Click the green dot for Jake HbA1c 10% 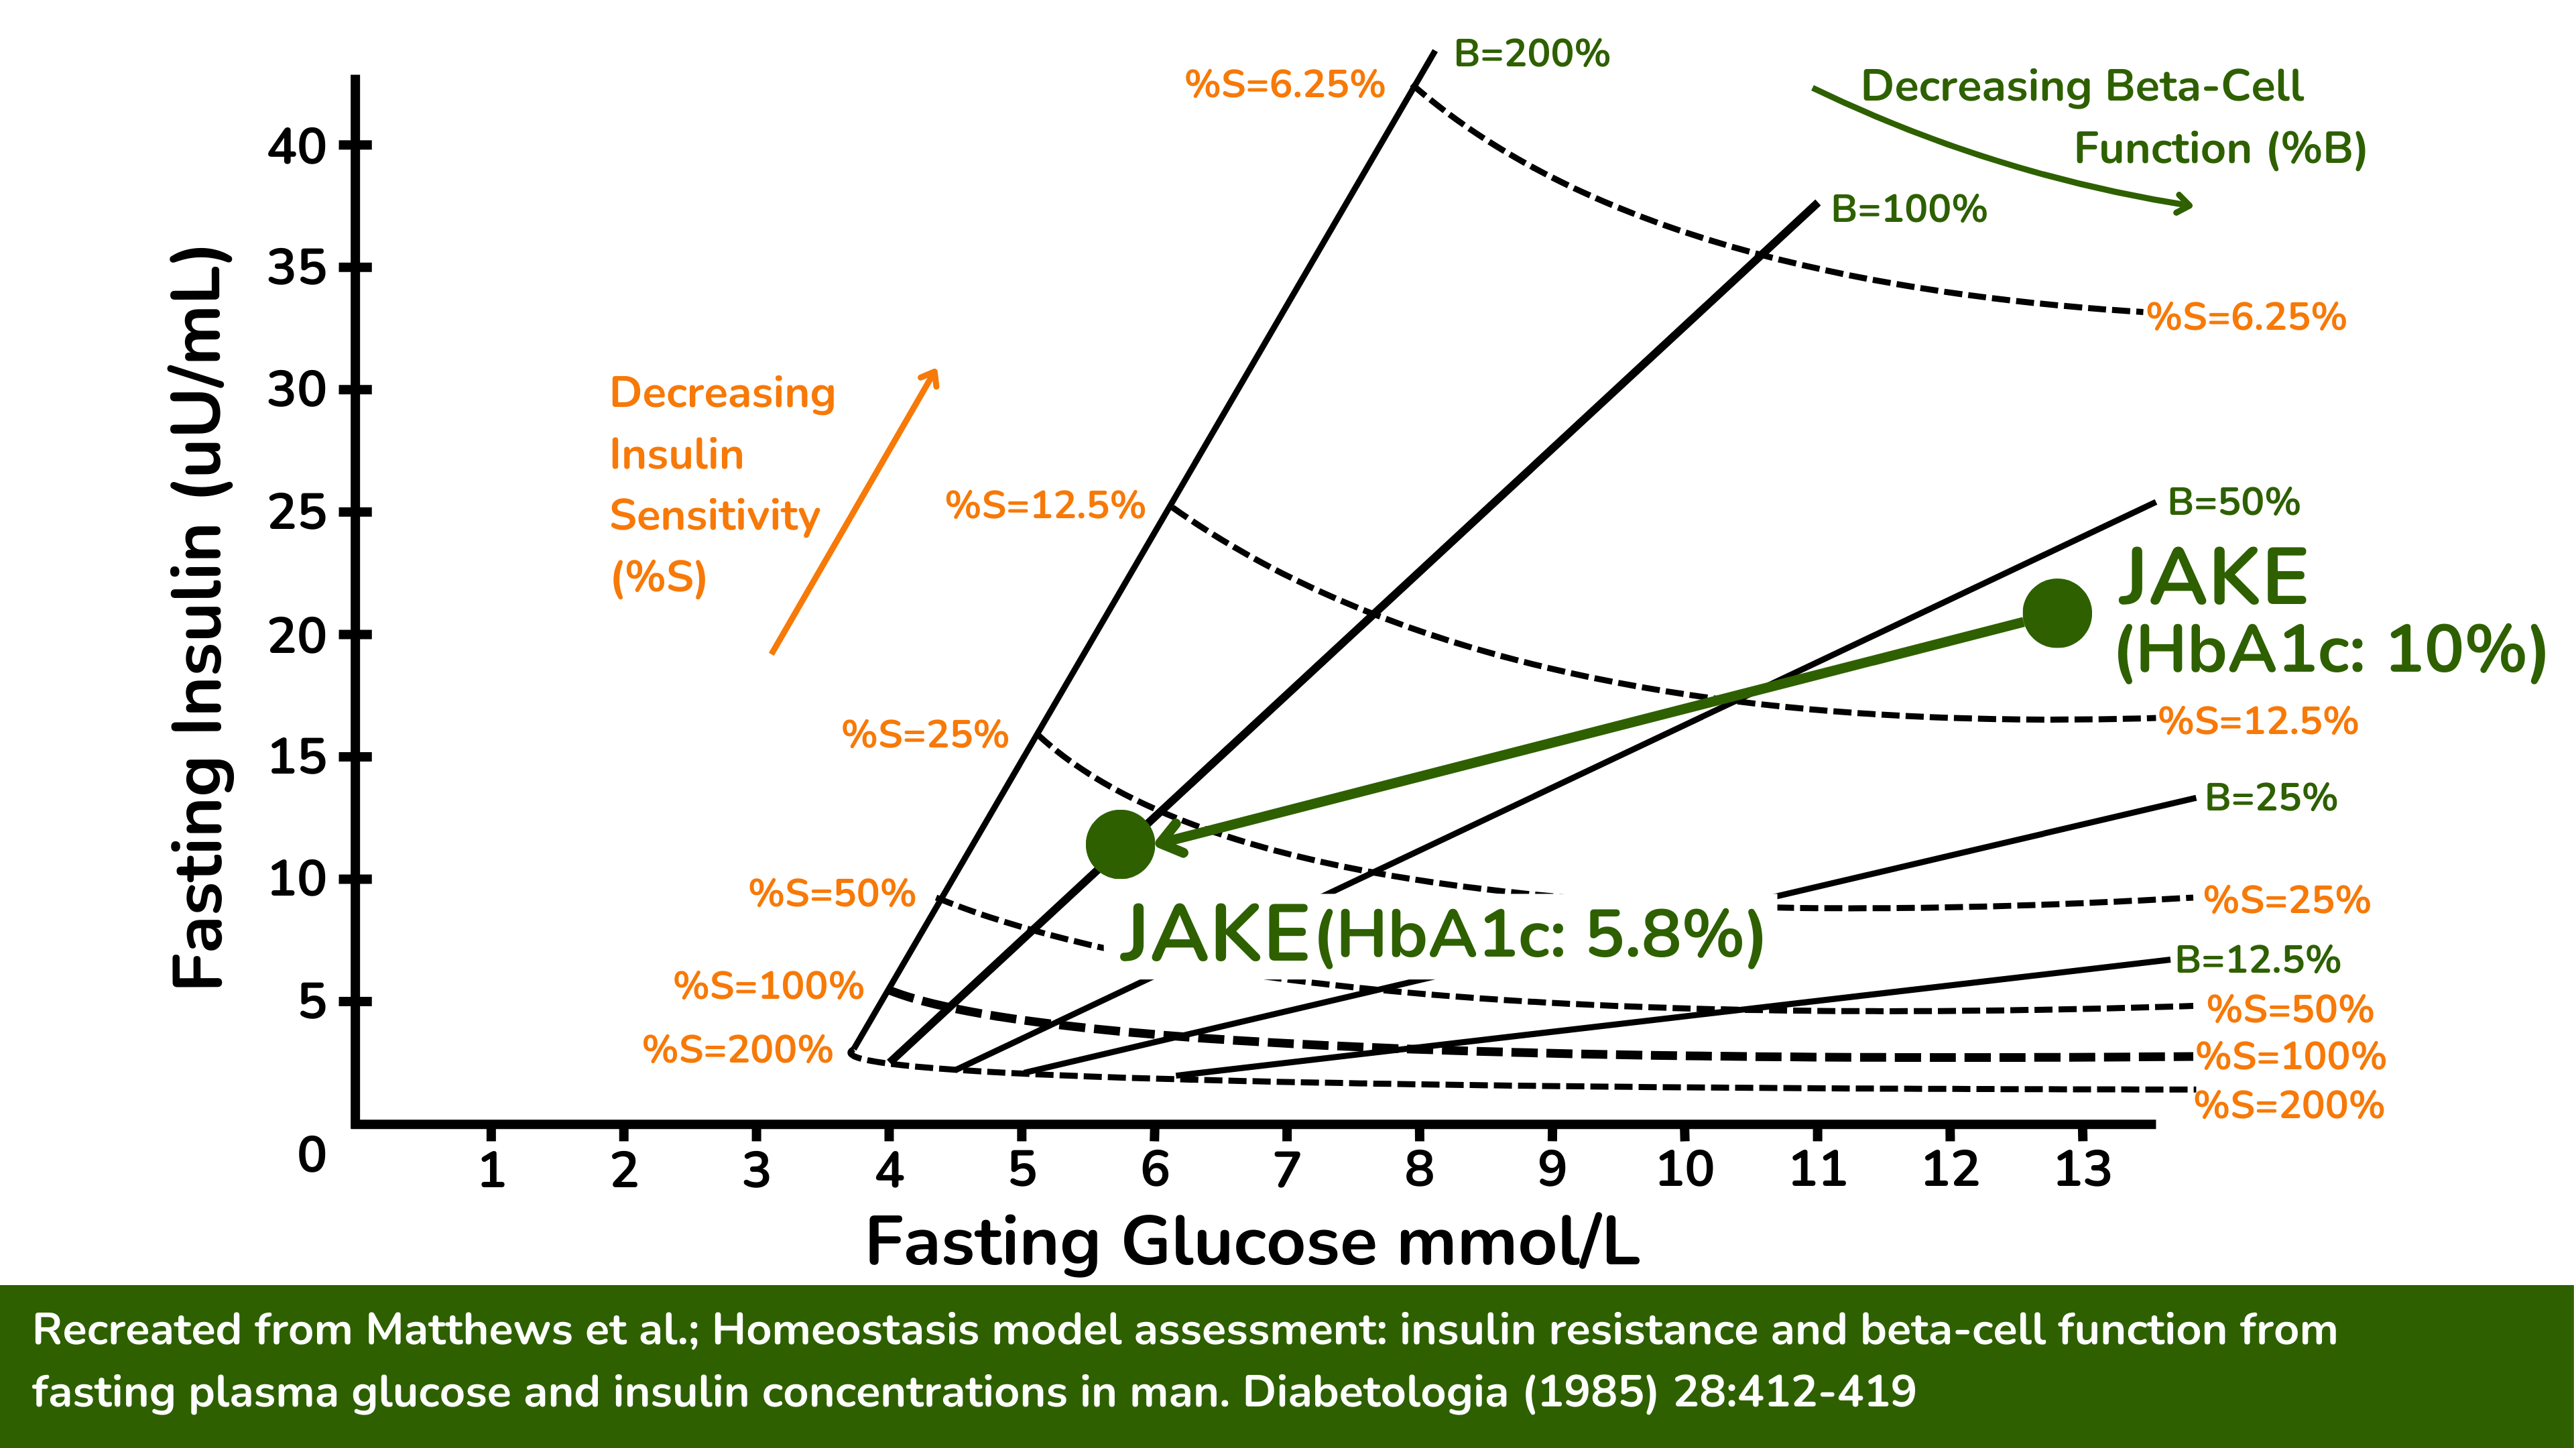click(2057, 613)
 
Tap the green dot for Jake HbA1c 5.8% click(1120, 845)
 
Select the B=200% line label click(1531, 54)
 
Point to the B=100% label click(1908, 210)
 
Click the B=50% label click(2233, 501)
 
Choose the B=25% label click(2270, 798)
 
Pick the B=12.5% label click(2257, 959)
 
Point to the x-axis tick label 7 click(1286, 1168)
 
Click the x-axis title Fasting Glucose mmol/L click(1252, 1242)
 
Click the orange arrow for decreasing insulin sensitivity click(855, 511)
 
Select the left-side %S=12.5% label click(1044, 505)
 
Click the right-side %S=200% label click(2288, 1105)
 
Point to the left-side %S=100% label click(768, 986)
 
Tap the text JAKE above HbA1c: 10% click(2212, 578)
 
